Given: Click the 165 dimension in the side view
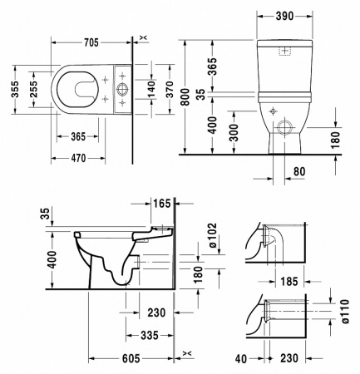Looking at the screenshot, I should coord(163,202).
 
